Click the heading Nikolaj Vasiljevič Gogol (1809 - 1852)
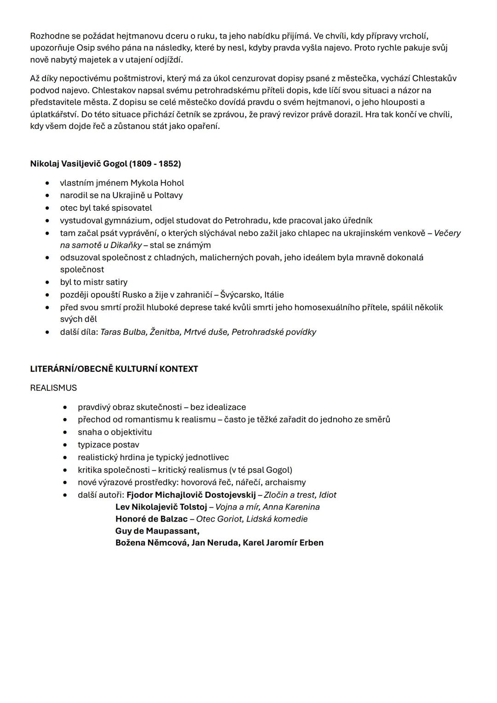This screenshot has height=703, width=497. (x=105, y=164)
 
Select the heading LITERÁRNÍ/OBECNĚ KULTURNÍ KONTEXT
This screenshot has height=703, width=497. (x=114, y=369)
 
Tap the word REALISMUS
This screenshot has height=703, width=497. (x=53, y=388)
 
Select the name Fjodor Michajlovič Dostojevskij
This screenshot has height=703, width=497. (x=191, y=495)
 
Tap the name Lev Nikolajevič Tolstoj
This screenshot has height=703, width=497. (x=161, y=507)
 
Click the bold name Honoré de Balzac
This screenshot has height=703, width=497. (x=151, y=519)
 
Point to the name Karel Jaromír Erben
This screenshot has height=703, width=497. (x=283, y=543)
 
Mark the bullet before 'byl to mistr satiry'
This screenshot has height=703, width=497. (x=47, y=283)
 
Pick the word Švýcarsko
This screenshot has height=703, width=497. (x=240, y=295)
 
